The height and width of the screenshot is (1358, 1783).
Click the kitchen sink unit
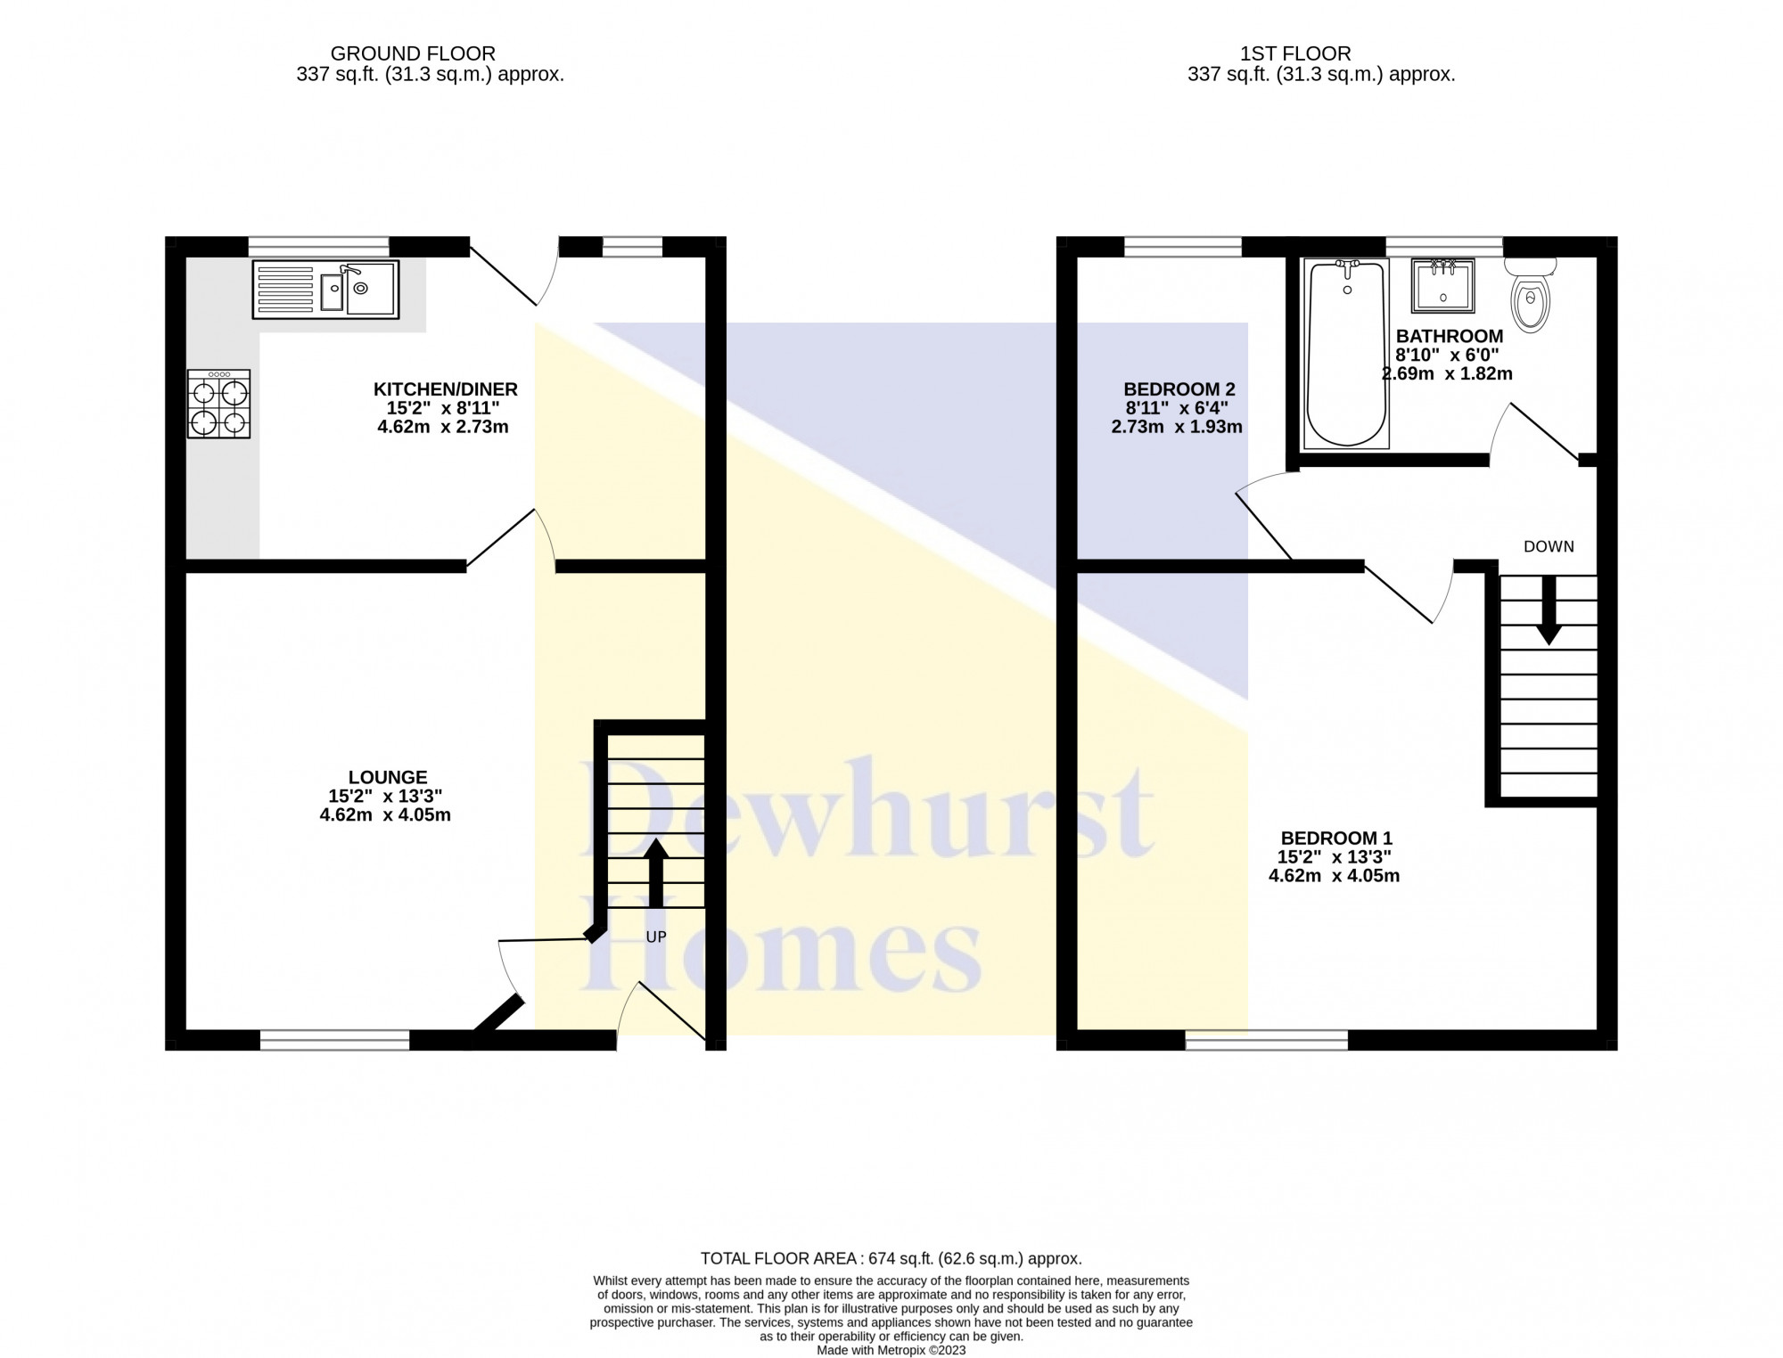(325, 290)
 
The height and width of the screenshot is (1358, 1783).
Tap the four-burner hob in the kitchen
(218, 404)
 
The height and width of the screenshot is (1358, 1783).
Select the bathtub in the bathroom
(1346, 353)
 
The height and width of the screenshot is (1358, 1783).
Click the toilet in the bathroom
(1531, 294)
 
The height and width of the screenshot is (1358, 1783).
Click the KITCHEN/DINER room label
(445, 389)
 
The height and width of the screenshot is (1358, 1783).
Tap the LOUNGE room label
(388, 777)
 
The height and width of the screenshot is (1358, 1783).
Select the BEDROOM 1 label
(1335, 838)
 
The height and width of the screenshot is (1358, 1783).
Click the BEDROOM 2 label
(1179, 389)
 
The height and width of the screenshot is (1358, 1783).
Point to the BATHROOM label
(1450, 336)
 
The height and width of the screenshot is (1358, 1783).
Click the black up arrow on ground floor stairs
(655, 872)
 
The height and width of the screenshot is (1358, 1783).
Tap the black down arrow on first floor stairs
(1549, 610)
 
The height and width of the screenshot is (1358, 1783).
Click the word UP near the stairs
(655, 937)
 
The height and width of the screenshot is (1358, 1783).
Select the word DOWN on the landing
(1549, 547)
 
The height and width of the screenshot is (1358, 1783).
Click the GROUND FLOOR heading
(413, 53)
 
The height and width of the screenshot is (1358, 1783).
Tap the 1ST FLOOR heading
(1295, 53)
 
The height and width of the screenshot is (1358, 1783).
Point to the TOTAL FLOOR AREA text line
(891, 1258)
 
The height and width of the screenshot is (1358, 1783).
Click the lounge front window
(335, 1039)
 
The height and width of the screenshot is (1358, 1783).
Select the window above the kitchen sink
(318, 247)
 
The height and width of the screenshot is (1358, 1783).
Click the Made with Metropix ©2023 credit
(891, 1350)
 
